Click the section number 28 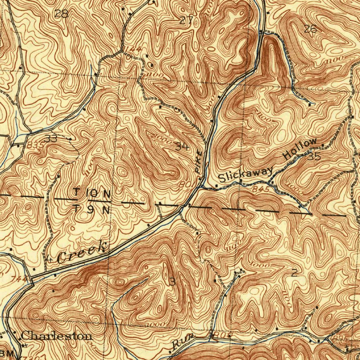[x=62, y=14]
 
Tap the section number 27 [x=186, y=20]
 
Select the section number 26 [x=310, y=30]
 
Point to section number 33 [x=51, y=138]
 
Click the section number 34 [x=182, y=146]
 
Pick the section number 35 [x=314, y=157]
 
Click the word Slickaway [x=245, y=174]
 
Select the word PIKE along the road [x=199, y=162]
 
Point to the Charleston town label [x=57, y=336]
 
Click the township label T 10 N [x=92, y=194]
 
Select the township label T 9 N [x=92, y=210]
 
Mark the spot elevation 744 [x=21, y=278]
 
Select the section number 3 [x=172, y=281]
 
